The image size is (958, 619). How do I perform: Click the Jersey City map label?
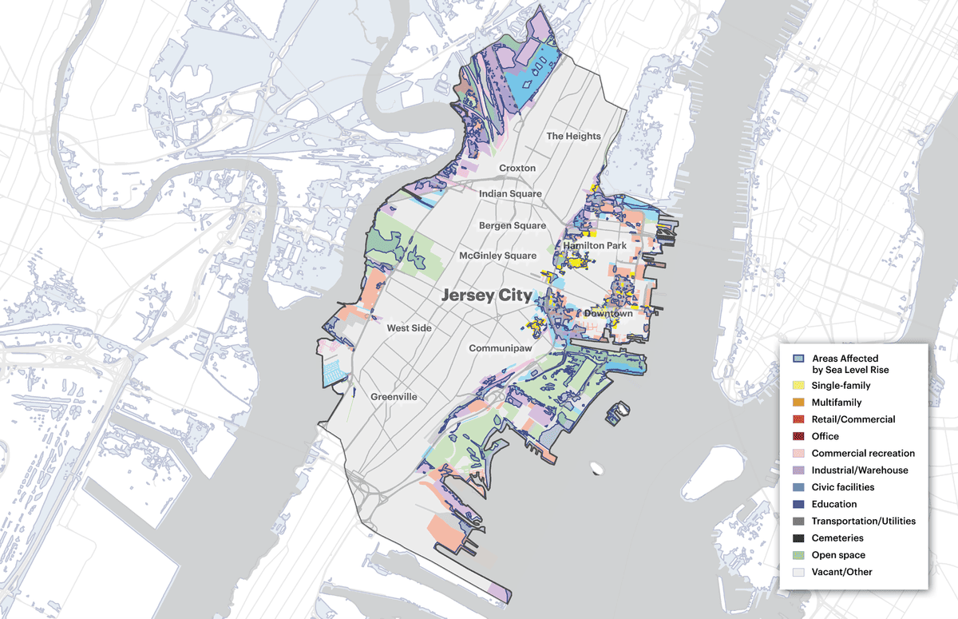pos(486,295)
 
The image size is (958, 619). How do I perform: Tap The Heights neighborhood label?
pos(573,136)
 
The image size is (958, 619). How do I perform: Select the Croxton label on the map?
pos(517,169)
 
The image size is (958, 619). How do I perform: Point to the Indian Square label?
pos(510,194)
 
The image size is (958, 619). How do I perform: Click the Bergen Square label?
pos(513,226)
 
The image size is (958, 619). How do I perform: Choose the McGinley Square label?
pos(497,256)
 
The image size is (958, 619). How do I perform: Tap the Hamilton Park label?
pos(595,245)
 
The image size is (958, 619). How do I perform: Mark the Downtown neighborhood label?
pos(608,313)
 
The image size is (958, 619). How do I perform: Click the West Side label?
pos(409,328)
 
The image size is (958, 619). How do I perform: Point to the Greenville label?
pos(394,396)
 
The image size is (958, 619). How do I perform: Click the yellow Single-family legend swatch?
pos(798,386)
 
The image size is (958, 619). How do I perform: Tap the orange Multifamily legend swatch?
pos(798,403)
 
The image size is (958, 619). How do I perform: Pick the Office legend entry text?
pos(825,436)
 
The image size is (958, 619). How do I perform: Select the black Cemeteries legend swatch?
pos(798,538)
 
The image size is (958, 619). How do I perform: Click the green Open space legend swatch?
pos(798,555)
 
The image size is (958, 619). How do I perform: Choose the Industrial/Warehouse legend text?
pos(859,470)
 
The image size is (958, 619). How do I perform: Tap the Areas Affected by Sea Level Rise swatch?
pos(798,358)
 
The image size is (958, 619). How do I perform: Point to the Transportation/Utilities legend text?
pos(863,521)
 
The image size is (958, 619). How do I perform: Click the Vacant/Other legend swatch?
pos(798,572)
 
